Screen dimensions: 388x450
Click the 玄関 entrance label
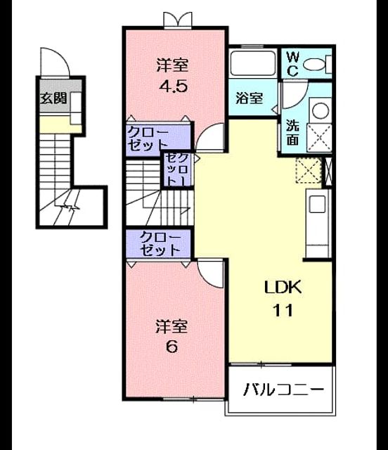pos(53,98)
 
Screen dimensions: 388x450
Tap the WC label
pos(292,64)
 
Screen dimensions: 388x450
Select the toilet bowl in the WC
pos(314,64)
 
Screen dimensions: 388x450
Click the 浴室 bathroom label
pos(249,98)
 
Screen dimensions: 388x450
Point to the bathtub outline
pos(253,63)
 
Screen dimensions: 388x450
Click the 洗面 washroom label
pos(292,132)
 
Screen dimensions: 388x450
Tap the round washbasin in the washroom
pos(321,110)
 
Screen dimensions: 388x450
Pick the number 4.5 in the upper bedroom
pos(174,86)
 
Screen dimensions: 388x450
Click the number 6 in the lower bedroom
pos(172,347)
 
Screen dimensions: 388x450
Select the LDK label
pos(283,287)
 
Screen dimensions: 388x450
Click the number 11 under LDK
pos(283,310)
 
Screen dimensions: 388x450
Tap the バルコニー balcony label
pos(283,390)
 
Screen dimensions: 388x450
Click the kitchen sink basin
pos(317,204)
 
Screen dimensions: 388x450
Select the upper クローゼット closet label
pos(148,139)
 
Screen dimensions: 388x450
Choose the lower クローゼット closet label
pos(160,244)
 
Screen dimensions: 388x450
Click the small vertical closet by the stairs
pos(177,169)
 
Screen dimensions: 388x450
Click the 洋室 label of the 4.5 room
pos(172,65)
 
